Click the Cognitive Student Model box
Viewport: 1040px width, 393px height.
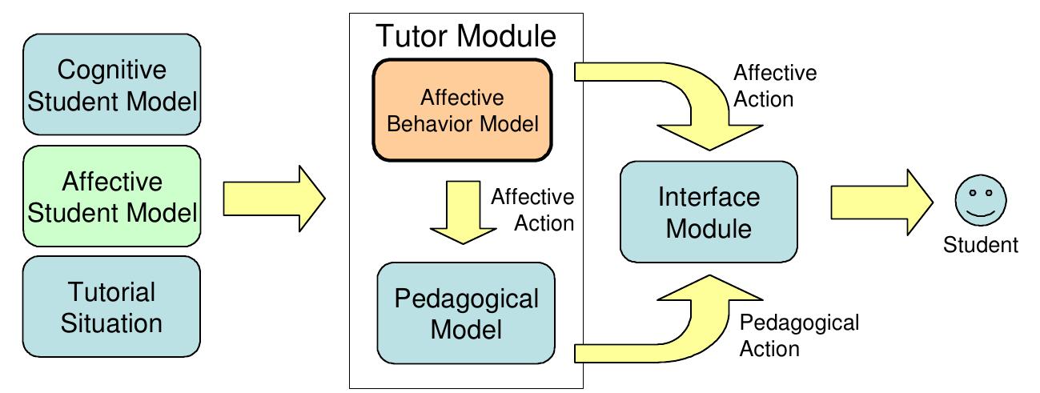[x=112, y=84]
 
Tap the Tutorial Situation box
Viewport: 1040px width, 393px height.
[x=112, y=307]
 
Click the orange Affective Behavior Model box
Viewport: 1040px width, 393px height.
[x=462, y=113]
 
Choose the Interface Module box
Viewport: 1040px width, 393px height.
[x=709, y=212]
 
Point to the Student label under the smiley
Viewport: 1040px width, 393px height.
[x=980, y=245]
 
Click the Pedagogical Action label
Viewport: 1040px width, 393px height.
[x=799, y=335]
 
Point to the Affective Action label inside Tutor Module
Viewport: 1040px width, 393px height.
[x=532, y=210]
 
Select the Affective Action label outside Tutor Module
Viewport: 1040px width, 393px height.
[x=774, y=86]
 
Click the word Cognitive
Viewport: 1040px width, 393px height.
[x=112, y=70]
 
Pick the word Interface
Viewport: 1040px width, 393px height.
[x=709, y=197]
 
